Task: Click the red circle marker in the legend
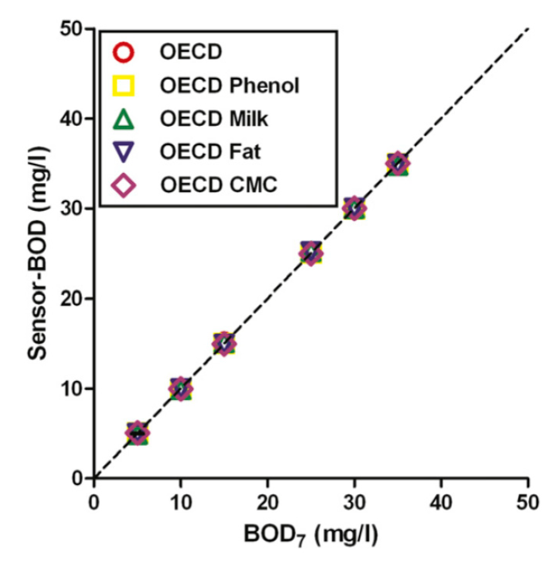tap(124, 52)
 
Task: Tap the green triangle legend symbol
tap(124, 119)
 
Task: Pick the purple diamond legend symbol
tap(124, 186)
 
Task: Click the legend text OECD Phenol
tap(230, 86)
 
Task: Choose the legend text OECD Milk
tap(214, 119)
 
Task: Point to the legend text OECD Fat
tap(210, 152)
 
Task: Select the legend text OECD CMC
tap(219, 185)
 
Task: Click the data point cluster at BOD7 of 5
tap(137, 433)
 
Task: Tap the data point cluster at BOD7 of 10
tap(181, 388)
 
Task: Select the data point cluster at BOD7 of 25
tap(311, 253)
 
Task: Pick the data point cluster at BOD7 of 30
tap(354, 208)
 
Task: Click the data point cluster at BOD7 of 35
tap(398, 163)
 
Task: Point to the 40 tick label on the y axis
tap(72, 119)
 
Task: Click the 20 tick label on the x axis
tap(267, 503)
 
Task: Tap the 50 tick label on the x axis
tap(528, 503)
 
